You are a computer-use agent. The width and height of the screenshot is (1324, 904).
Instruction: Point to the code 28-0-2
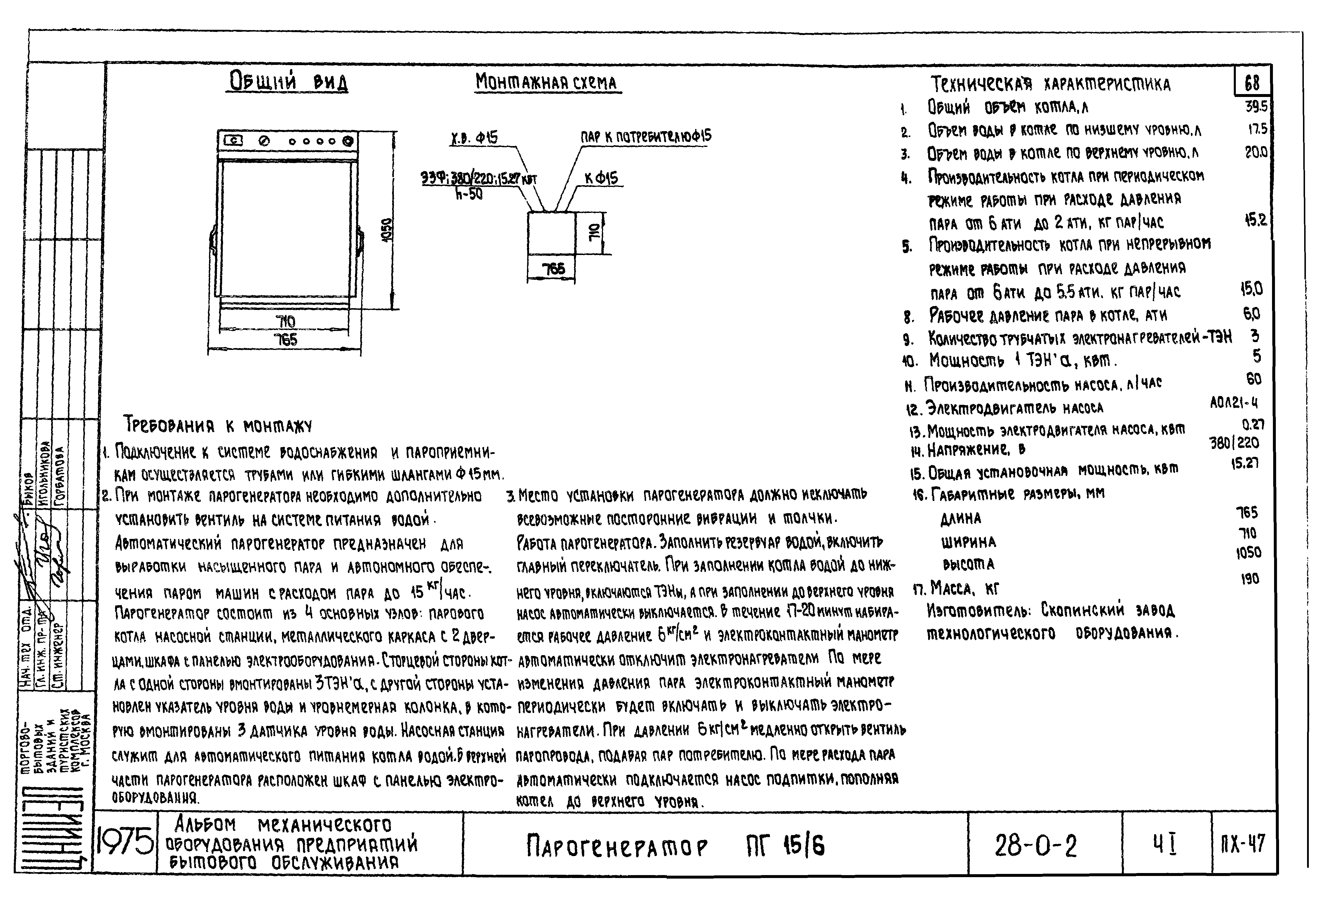pos(1036,846)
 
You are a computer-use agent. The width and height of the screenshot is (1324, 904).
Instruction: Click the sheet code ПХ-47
pos(1243,844)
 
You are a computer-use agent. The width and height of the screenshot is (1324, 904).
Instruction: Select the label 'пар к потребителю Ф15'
pos(646,137)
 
